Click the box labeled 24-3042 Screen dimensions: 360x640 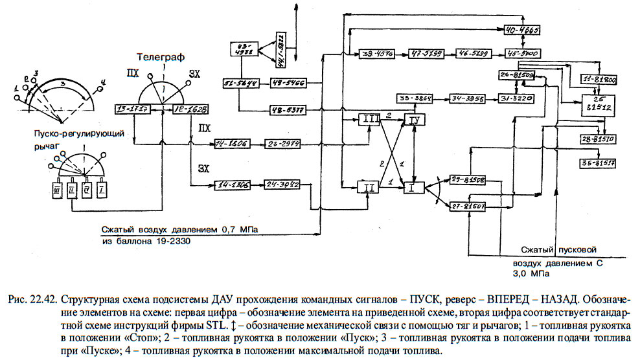pos(282,185)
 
